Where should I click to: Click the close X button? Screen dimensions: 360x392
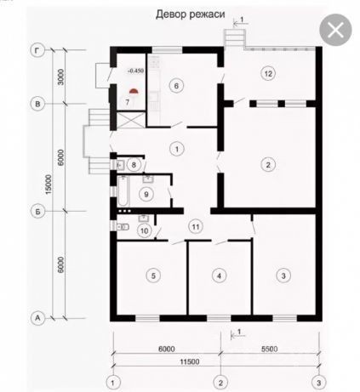335,30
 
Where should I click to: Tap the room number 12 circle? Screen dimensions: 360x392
268,74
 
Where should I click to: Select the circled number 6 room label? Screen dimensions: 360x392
176,86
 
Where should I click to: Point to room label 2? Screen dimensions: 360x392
268,164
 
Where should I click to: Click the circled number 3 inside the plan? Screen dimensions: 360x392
283,276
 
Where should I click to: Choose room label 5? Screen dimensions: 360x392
153,276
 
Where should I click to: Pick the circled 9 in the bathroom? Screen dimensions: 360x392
146,194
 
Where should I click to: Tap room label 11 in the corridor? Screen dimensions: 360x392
196,227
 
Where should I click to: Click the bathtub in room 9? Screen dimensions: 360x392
123,190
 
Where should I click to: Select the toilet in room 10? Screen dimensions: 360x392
123,226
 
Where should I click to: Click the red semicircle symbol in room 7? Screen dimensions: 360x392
134,91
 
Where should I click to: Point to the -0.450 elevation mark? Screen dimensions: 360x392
135,71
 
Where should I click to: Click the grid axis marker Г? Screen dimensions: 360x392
37,50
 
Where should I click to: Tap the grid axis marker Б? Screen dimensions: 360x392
37,212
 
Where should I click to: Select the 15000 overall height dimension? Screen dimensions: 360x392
49,185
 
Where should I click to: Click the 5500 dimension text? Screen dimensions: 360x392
270,349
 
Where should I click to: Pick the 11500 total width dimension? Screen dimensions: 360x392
190,361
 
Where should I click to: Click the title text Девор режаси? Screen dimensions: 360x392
191,14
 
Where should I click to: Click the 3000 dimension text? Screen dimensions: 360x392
61,77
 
